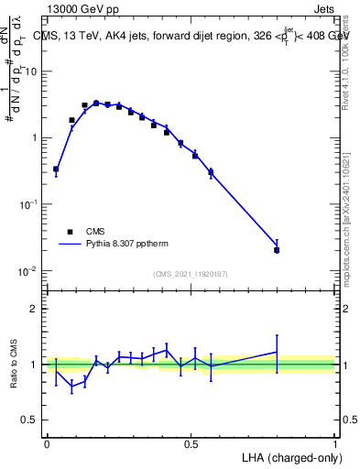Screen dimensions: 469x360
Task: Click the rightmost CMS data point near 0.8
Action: pos(277,249)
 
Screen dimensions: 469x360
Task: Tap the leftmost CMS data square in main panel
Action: pos(56,169)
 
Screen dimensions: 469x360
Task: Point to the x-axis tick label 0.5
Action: pos(191,444)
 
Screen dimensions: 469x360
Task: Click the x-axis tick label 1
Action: pos(335,444)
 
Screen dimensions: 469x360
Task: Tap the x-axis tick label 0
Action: pos(47,444)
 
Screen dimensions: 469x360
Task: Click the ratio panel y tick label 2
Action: pos(34,309)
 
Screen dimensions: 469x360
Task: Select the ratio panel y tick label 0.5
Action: pos(29,420)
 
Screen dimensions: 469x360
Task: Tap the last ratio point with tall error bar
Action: pos(277,352)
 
